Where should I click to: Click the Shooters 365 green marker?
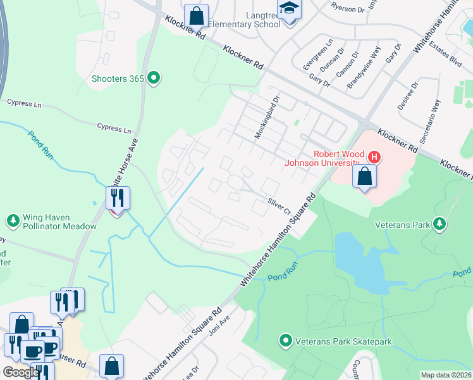tap(153, 79)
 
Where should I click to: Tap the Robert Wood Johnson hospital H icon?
tap(374, 156)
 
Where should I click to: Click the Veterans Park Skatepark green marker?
tap(285, 341)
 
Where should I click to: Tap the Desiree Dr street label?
tap(408, 96)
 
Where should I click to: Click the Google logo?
tap(21, 372)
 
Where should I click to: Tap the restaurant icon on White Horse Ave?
tap(118, 198)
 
